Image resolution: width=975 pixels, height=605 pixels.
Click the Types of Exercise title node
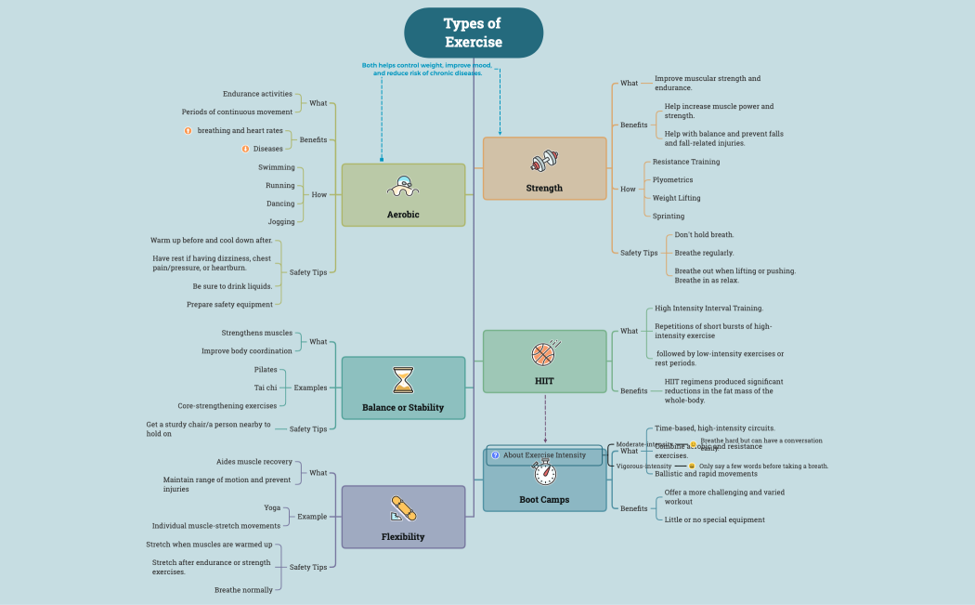[474, 33]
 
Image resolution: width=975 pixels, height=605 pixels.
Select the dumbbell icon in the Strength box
[544, 162]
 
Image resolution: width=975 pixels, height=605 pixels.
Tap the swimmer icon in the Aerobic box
[403, 187]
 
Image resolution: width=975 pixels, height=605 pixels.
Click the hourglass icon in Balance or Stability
[403, 380]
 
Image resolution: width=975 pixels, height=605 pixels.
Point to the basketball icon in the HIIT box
[544, 353]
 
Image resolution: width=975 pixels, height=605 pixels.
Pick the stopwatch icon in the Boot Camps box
[545, 473]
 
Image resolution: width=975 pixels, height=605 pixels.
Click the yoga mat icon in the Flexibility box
[403, 508]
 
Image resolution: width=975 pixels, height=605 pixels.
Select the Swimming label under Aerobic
[277, 167]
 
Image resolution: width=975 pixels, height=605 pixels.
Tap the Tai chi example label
[266, 388]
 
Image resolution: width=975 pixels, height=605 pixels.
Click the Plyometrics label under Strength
[672, 179]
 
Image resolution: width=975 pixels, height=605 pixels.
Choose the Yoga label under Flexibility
[272, 507]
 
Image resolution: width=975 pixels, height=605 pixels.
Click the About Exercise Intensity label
[544, 455]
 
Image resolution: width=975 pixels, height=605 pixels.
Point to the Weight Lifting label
[676, 198]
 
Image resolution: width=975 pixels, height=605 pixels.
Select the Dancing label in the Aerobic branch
[279, 204]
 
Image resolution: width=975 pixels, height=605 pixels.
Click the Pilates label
[266, 369]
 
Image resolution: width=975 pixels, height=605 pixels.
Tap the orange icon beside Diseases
[245, 149]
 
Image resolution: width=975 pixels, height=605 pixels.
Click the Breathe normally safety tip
[243, 589]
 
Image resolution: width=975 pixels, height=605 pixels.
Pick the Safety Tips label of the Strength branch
[639, 253]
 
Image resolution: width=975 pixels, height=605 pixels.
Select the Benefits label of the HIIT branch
[634, 391]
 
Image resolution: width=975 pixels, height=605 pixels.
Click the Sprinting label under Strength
[669, 216]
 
